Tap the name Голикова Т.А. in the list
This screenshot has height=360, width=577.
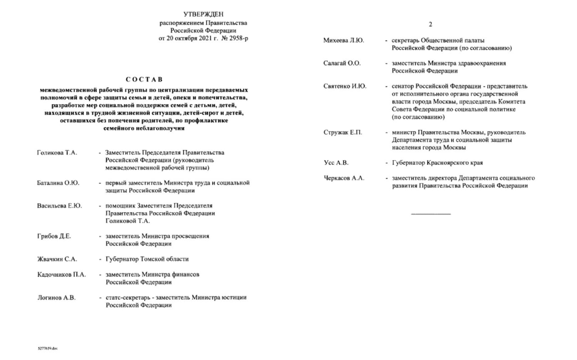57,153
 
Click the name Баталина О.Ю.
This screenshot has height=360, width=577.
58,183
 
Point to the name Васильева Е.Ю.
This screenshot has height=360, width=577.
60,206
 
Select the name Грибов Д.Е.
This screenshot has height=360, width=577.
54,236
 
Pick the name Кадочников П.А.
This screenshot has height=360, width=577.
61,274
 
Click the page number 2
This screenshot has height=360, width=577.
430,24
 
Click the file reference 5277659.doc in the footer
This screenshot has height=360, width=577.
48,349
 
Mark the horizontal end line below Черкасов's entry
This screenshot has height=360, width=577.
430,213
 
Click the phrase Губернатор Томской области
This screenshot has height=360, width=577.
147,259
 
